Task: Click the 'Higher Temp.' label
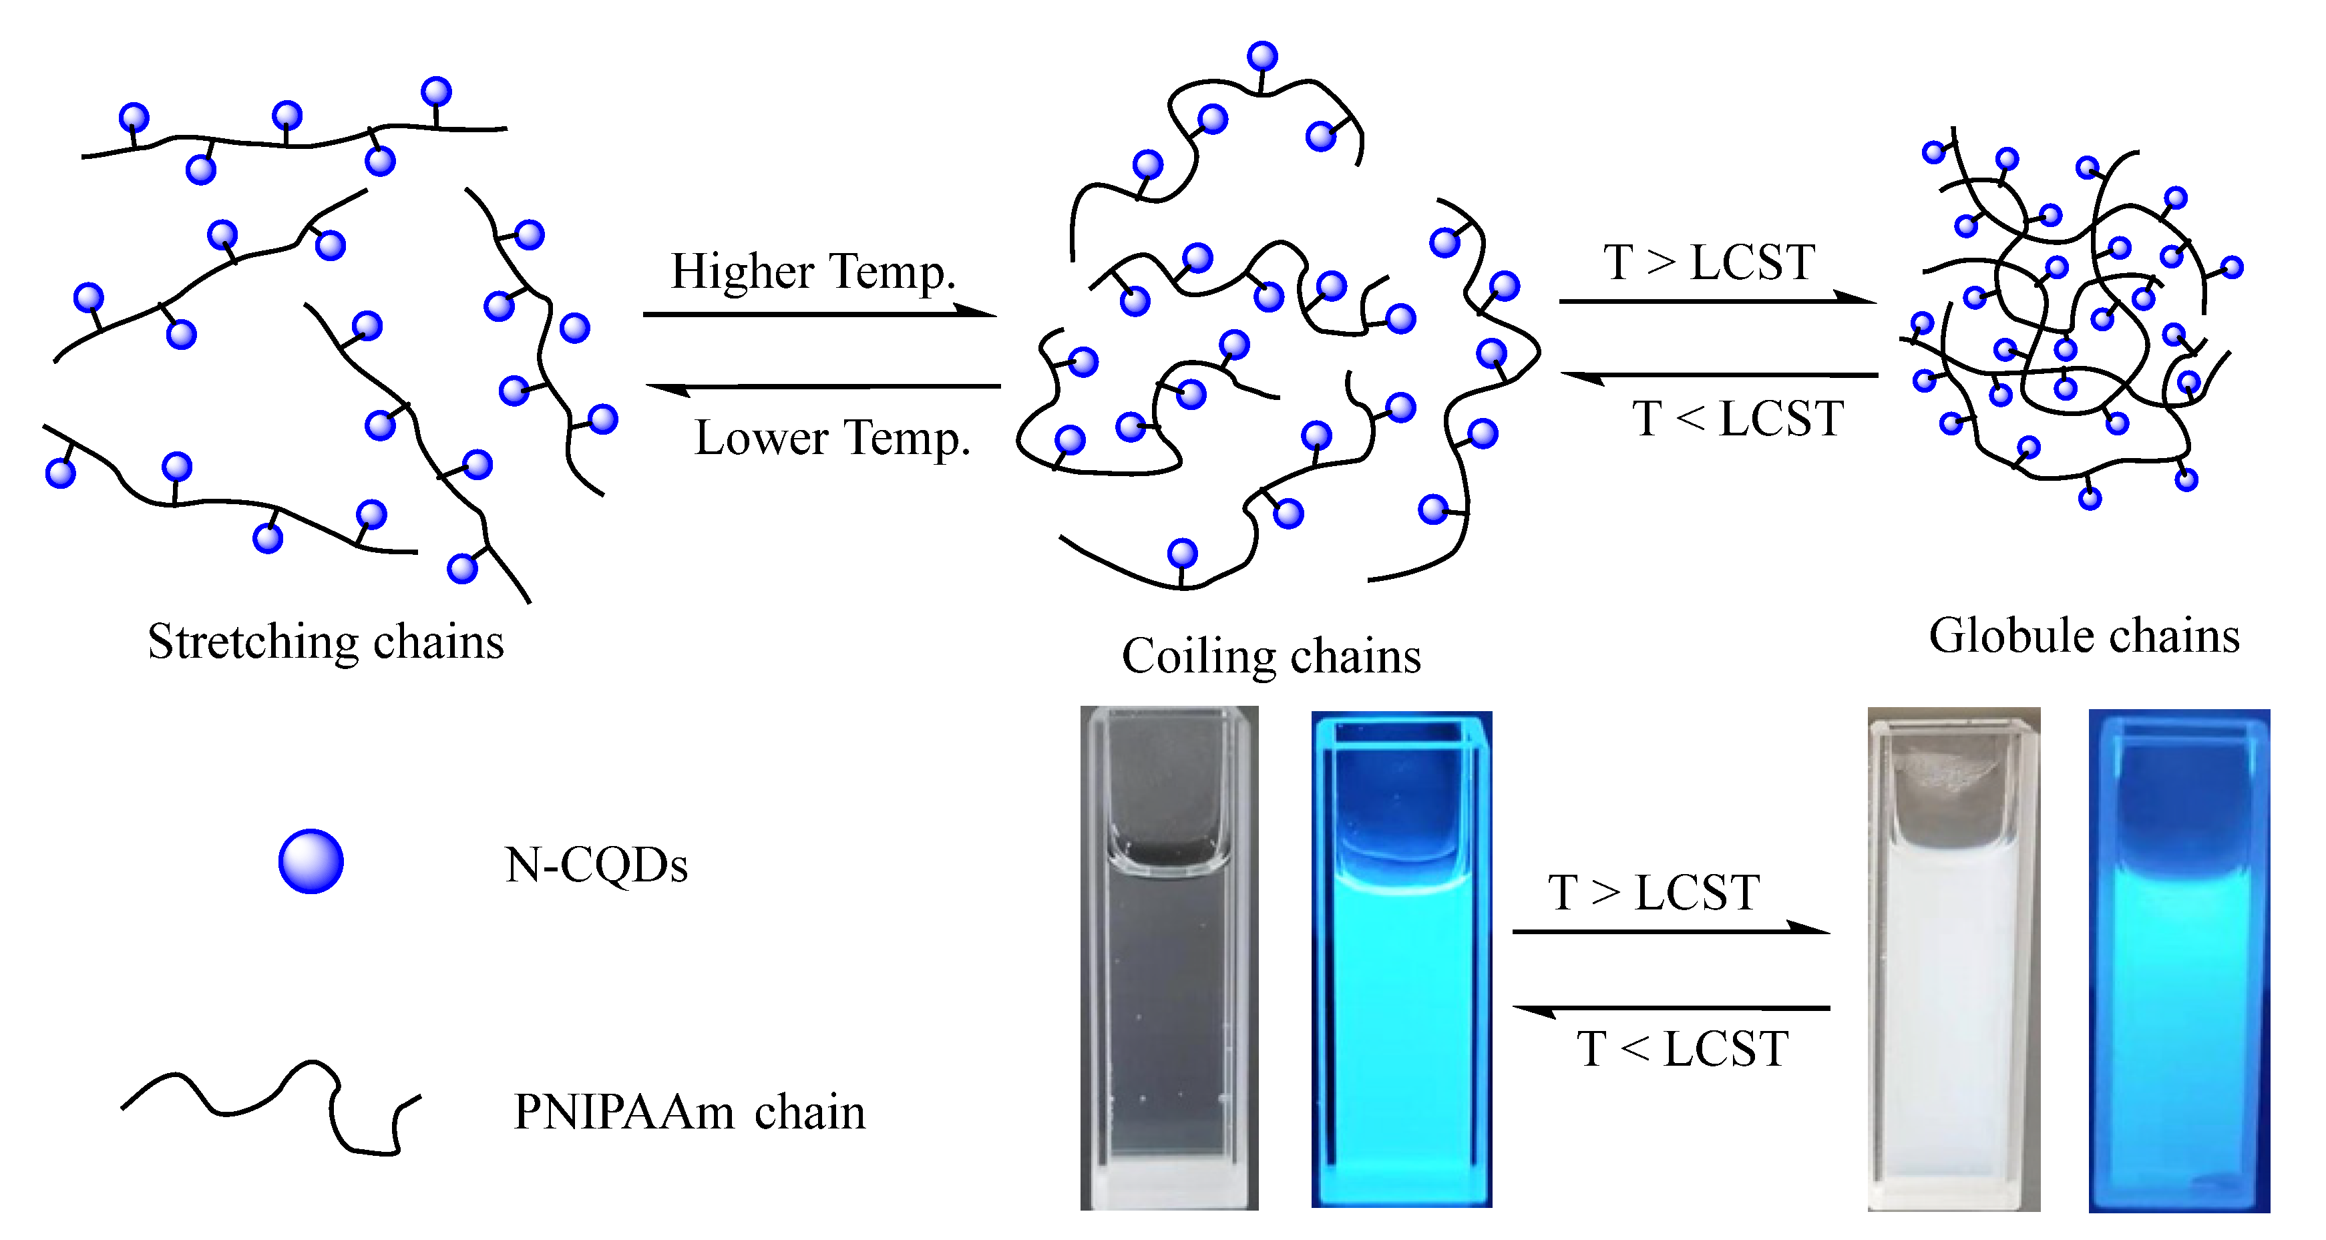(813, 271)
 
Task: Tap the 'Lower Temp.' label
(831, 438)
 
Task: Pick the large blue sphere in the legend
(311, 861)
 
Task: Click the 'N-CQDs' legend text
(596, 865)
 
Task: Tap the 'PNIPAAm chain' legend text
(689, 1112)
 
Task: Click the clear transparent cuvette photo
(1169, 958)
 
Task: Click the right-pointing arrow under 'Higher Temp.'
(820, 313)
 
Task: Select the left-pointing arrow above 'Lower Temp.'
(823, 387)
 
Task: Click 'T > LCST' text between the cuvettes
(1654, 892)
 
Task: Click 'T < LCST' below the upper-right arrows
(1737, 419)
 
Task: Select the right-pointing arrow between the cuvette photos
(1670, 930)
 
